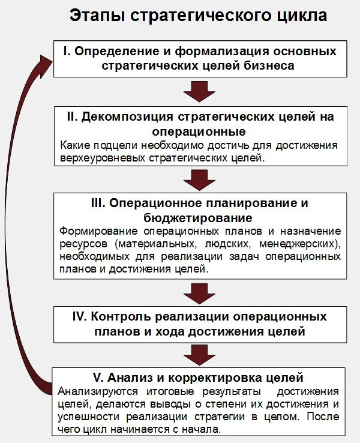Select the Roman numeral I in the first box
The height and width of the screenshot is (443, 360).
[x=67, y=52]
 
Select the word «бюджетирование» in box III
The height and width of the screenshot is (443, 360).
[x=198, y=217]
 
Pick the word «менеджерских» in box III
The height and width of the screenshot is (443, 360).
[x=305, y=244]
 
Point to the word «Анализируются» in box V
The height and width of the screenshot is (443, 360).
[x=95, y=391]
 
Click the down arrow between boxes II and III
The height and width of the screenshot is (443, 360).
[x=200, y=179]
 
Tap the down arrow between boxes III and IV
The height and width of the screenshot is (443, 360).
[x=200, y=292]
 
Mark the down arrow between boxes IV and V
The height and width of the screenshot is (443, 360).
[x=200, y=354]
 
